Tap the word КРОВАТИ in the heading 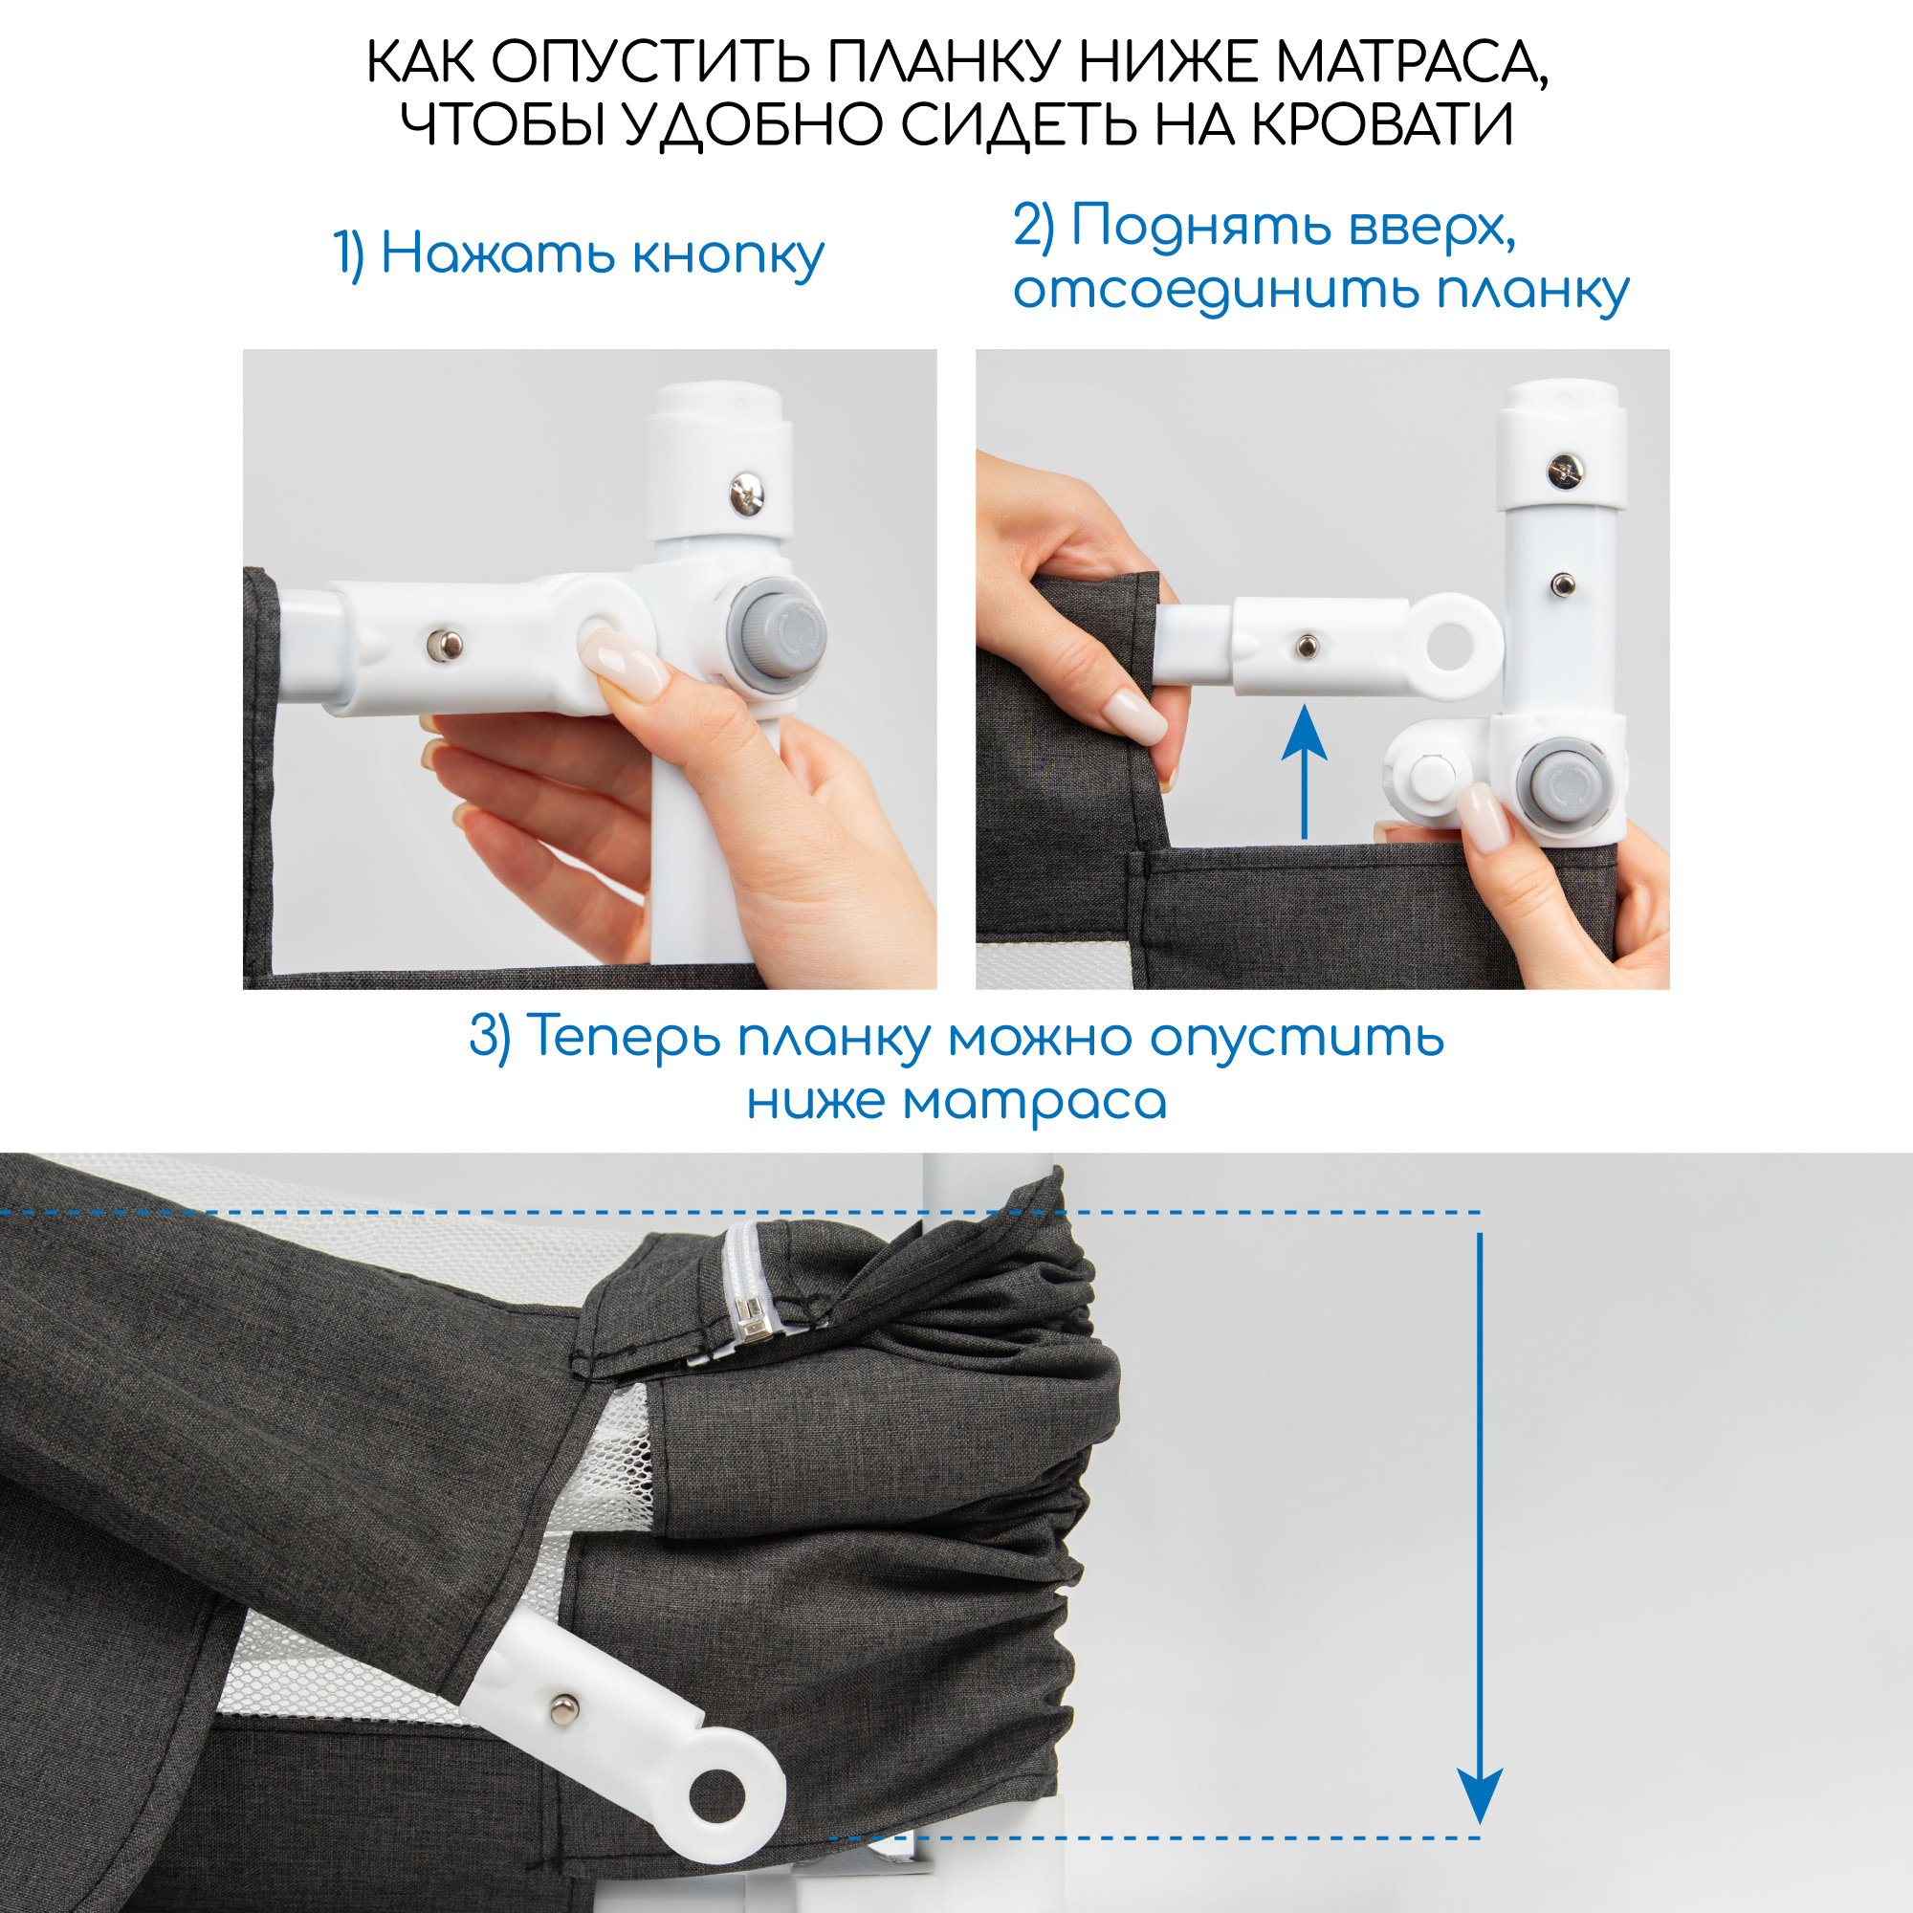click(x=1382, y=124)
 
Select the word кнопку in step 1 click(x=728, y=255)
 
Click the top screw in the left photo click(x=747, y=495)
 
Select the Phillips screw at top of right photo click(x=1566, y=471)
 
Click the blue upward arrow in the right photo click(x=1305, y=772)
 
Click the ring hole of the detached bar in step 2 click(x=1452, y=645)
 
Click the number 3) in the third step click(x=490, y=1038)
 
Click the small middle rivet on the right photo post click(x=1563, y=585)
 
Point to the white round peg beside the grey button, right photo click(x=1427, y=775)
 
